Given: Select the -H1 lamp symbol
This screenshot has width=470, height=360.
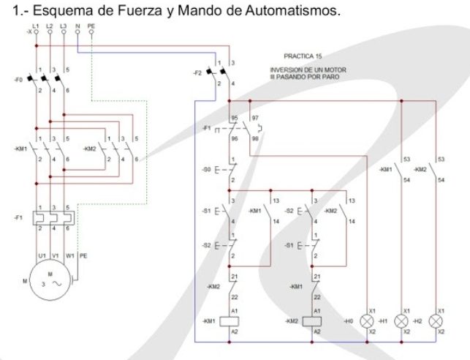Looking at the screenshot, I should click(x=401, y=320).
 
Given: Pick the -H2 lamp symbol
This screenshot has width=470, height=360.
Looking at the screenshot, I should click(x=436, y=320).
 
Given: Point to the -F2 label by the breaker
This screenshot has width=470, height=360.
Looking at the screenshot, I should click(x=197, y=73).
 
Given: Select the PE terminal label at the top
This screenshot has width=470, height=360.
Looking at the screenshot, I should click(x=91, y=26).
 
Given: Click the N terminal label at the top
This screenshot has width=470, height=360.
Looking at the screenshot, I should click(x=77, y=26).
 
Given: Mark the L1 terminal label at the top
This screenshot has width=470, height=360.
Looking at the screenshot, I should click(x=37, y=26).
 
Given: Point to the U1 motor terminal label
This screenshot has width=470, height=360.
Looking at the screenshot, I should click(x=37, y=255).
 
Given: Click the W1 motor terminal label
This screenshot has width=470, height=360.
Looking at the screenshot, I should click(x=70, y=255).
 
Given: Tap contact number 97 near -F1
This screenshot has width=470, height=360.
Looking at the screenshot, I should click(x=255, y=117).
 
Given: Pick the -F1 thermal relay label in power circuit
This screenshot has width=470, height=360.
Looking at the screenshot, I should click(x=18, y=218).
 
